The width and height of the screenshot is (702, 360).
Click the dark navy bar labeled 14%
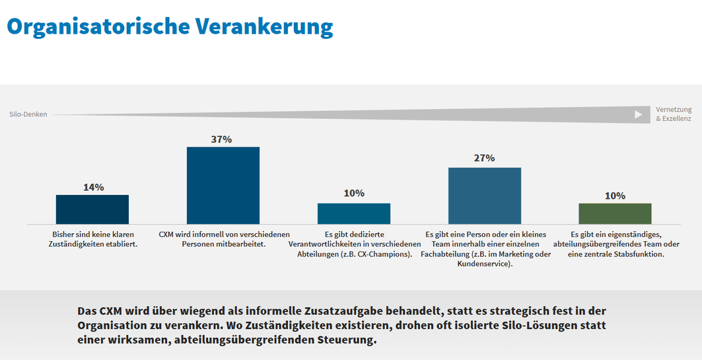[x=92, y=209]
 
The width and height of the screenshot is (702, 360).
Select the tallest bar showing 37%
[x=223, y=186]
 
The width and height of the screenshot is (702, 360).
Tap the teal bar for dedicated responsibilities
[x=354, y=213]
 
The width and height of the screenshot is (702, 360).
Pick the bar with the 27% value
[x=485, y=196]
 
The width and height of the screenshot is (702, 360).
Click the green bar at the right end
[x=615, y=213]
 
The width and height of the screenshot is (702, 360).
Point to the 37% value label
[x=222, y=139]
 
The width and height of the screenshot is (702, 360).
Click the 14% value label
[x=93, y=187]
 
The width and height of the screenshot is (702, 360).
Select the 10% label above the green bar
[x=615, y=196]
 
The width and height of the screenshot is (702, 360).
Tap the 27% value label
[x=484, y=158]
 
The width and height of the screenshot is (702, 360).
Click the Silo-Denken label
[x=28, y=114]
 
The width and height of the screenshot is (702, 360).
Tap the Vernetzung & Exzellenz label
[x=674, y=114]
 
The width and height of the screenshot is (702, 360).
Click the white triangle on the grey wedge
[x=638, y=114]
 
